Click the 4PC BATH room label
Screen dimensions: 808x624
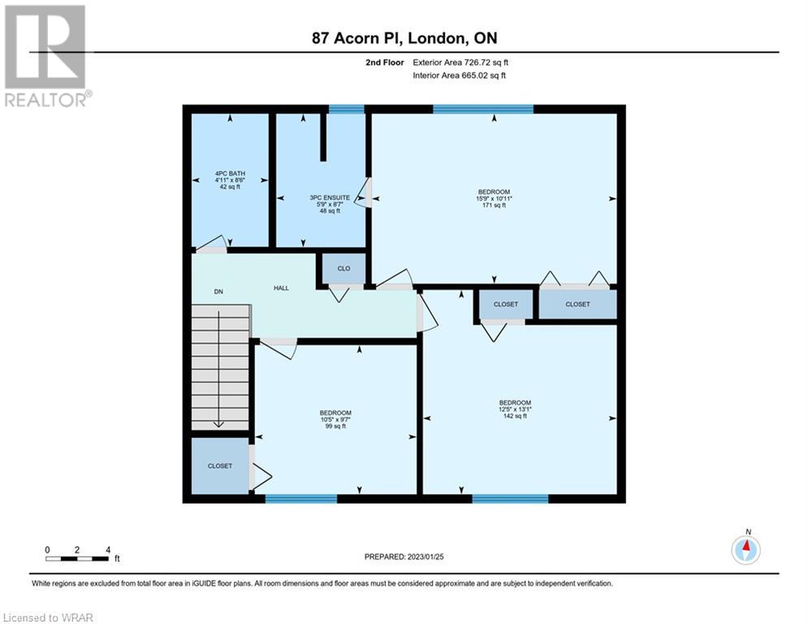[x=230, y=180]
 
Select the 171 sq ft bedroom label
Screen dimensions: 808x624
[x=495, y=198]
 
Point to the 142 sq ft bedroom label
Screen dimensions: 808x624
[x=515, y=409]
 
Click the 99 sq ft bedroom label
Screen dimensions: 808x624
[x=335, y=419]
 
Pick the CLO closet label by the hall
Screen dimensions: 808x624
[x=344, y=269]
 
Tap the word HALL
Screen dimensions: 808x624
[x=281, y=288]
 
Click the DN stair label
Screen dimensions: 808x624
[x=218, y=292]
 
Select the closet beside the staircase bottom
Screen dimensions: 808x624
[x=220, y=466]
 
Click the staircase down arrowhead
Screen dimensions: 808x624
[x=218, y=424]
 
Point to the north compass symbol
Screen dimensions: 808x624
[x=745, y=548]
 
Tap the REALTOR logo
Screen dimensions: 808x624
[x=46, y=56]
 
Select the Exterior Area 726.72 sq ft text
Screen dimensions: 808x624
[x=460, y=63]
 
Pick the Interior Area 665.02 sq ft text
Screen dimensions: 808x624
[x=459, y=76]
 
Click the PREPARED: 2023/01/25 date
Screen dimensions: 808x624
[x=404, y=557]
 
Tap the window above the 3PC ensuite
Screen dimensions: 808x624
[x=346, y=109]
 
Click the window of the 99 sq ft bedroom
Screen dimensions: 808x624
[x=301, y=499]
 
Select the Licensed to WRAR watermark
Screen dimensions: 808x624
[x=48, y=617]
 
